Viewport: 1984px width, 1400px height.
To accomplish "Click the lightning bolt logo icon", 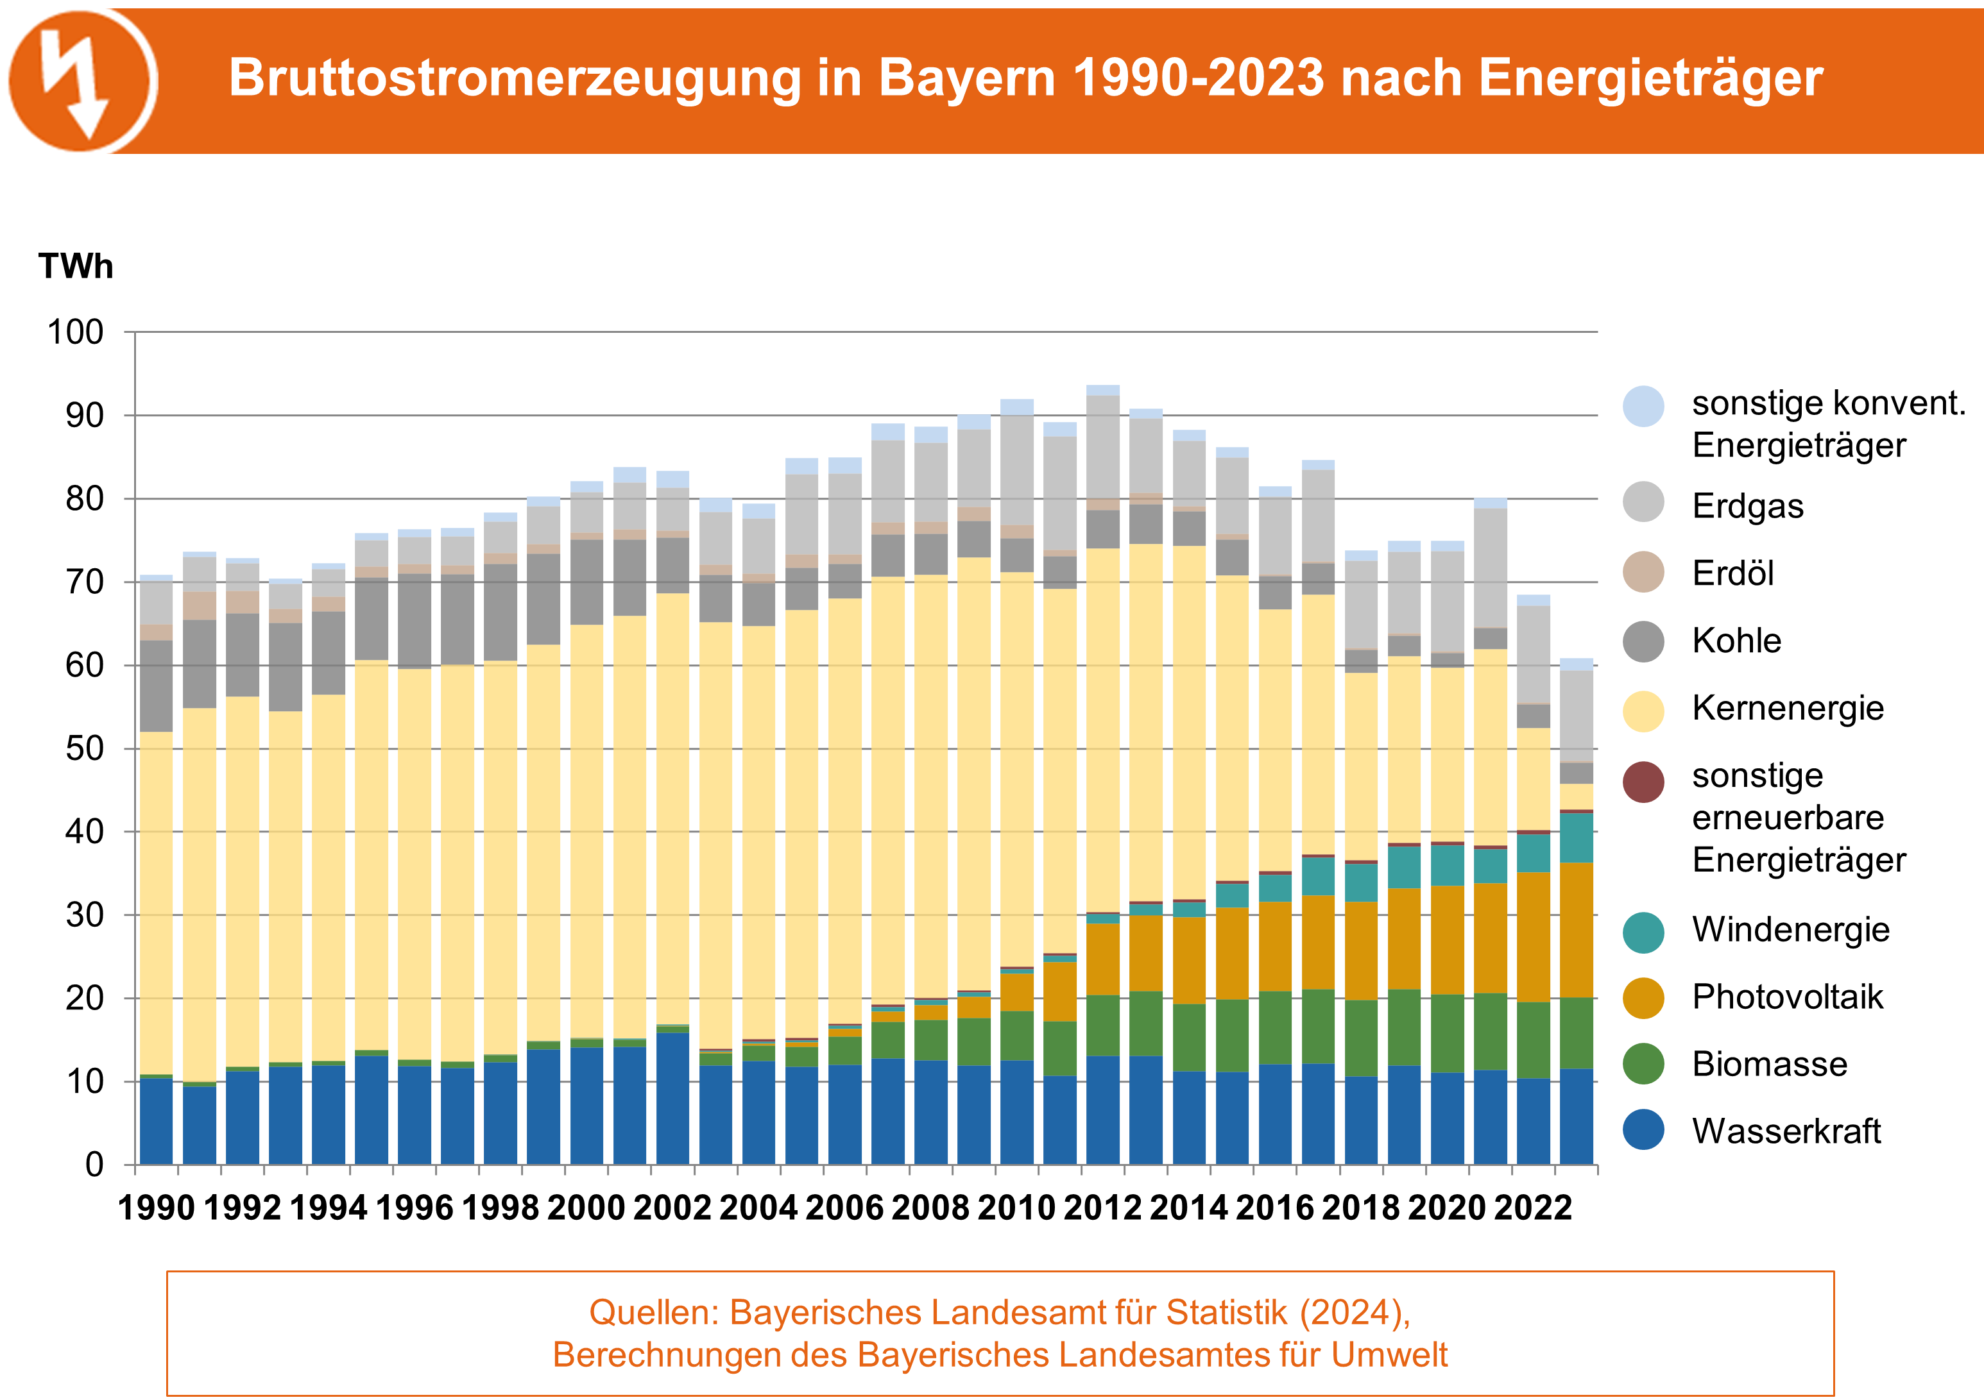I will tap(82, 80).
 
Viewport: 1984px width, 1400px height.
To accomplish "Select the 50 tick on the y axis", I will tap(85, 749).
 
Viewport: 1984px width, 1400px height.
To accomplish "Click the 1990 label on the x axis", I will tap(157, 1208).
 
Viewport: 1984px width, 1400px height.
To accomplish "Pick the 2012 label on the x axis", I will tap(1102, 1208).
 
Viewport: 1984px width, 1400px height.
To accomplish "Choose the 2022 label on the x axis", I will tap(1533, 1208).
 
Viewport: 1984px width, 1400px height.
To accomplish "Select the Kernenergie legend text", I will tap(1787, 708).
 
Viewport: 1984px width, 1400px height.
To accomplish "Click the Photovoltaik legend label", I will tap(1786, 997).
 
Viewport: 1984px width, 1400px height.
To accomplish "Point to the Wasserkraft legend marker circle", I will tap(1643, 1131).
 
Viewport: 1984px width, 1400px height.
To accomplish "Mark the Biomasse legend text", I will tap(1769, 1064).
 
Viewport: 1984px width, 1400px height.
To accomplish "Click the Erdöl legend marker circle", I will tap(1643, 573).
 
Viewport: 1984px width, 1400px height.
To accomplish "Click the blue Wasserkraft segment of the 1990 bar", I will tap(157, 1121).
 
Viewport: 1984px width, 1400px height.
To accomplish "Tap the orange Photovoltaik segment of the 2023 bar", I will tap(1576, 930).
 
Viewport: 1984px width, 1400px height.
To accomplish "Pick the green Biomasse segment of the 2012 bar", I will tap(1102, 1025).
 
